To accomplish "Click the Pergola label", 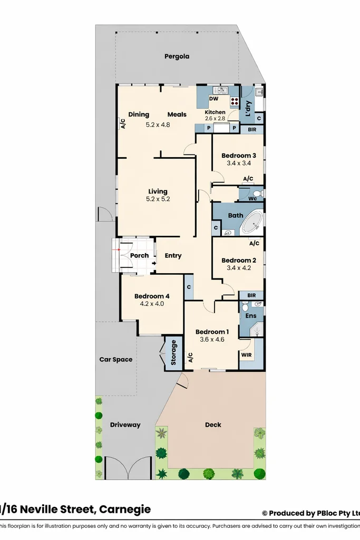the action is (177, 56).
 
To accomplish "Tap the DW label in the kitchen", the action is (213, 99).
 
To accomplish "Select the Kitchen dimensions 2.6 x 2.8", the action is (215, 119).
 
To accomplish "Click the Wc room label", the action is (253, 199).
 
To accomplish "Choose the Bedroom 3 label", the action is (239, 156).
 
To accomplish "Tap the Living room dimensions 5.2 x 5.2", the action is (158, 199).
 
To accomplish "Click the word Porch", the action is (139, 256).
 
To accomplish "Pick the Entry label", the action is (173, 256).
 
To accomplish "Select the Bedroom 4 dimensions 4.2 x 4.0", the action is (152, 304).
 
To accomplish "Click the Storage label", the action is (173, 352).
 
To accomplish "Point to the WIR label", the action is (246, 355).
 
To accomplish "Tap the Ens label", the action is (251, 316).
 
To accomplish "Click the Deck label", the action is (213, 425).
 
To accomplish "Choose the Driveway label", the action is (125, 425).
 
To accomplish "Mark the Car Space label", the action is (116, 360).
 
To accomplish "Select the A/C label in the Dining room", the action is (122, 124).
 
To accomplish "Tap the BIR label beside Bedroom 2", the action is (251, 295).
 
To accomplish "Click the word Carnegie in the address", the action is (125, 509).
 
